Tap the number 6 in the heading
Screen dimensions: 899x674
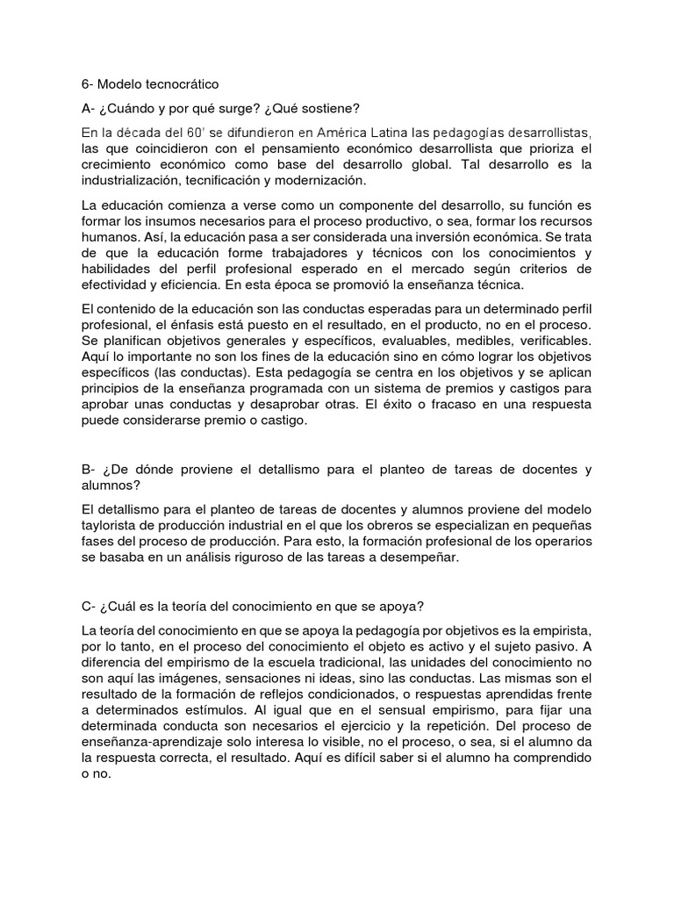click(84, 84)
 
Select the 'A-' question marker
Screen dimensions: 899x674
click(88, 108)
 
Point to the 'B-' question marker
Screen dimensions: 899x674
click(88, 470)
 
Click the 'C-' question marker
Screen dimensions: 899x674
click(88, 582)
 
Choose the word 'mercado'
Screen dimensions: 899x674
click(455, 268)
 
